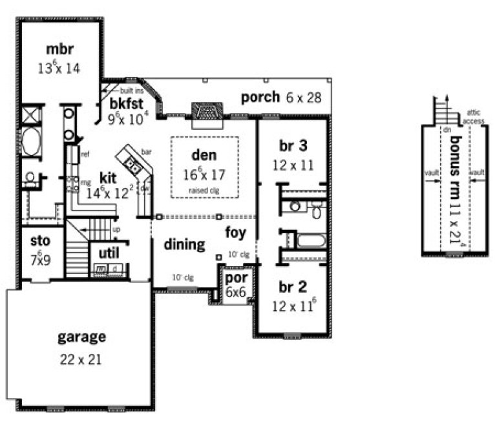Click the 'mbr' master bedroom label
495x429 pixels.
[61, 49]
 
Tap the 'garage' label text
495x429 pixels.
[81, 337]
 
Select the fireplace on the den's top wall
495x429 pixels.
[206, 112]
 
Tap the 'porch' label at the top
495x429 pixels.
[260, 98]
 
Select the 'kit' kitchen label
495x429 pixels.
[108, 177]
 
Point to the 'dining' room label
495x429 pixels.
[184, 245]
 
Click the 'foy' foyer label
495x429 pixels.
[235, 232]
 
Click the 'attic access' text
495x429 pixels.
[474, 117]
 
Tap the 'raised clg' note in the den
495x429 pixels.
[204, 190]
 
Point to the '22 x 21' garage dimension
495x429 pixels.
[81, 360]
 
